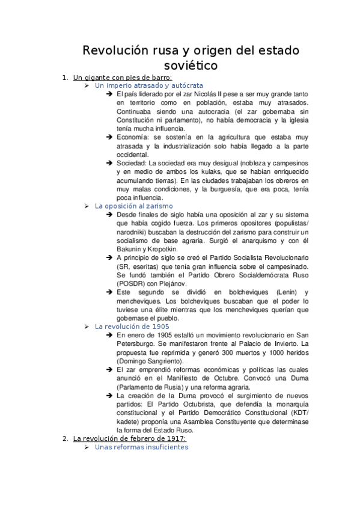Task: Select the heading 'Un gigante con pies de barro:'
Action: (x=123, y=78)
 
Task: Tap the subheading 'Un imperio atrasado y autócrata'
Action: (x=149, y=86)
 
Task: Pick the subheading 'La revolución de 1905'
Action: (x=132, y=326)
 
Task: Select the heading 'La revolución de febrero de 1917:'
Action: (x=130, y=438)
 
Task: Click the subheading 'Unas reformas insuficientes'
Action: (x=142, y=447)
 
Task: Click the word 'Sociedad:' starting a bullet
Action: (x=132, y=163)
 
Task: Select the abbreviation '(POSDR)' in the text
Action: (x=131, y=283)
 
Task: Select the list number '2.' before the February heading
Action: (x=66, y=438)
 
